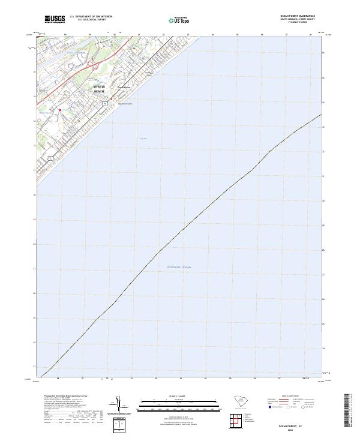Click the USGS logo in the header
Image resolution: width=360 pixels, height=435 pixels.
[x=55, y=19]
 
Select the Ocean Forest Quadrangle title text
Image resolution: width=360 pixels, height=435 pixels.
[x=297, y=16]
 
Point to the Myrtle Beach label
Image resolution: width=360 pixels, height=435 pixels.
[x=98, y=89]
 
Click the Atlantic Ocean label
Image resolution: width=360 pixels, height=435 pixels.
[x=178, y=266]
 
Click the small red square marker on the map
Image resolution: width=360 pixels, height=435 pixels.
[x=60, y=110]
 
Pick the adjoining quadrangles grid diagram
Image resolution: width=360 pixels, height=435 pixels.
[x=233, y=419]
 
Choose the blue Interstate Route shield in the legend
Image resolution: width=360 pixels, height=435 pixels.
[x=271, y=407]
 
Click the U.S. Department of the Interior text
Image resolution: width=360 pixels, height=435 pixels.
[x=91, y=17]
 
